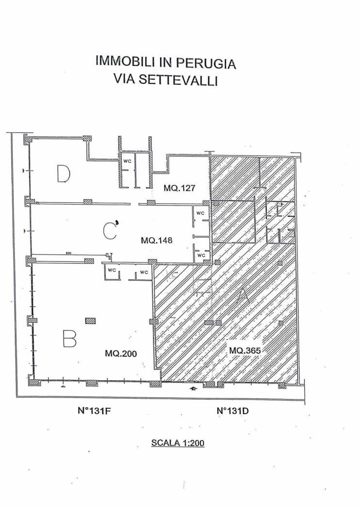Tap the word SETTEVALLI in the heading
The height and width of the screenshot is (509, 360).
tap(178, 80)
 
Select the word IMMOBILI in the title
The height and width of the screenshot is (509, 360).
tap(125, 61)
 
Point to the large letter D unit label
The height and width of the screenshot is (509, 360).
tap(64, 174)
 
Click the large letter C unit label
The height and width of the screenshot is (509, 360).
tap(110, 231)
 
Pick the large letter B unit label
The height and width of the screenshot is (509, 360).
tap(70, 338)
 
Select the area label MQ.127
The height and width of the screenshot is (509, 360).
tap(179, 188)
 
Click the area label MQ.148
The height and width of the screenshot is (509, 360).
tap(157, 240)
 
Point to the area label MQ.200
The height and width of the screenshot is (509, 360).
tap(121, 353)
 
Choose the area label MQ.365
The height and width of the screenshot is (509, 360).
tap(245, 350)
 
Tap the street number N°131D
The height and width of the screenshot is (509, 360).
tap(233, 411)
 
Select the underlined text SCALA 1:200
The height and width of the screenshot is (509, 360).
tap(178, 443)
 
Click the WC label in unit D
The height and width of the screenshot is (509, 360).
tap(127, 161)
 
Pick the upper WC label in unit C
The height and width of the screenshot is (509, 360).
tap(200, 213)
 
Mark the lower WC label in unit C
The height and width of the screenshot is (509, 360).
tap(201, 255)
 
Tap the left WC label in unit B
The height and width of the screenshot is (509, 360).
tap(112, 270)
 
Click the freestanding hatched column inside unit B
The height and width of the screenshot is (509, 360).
tap(90, 321)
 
